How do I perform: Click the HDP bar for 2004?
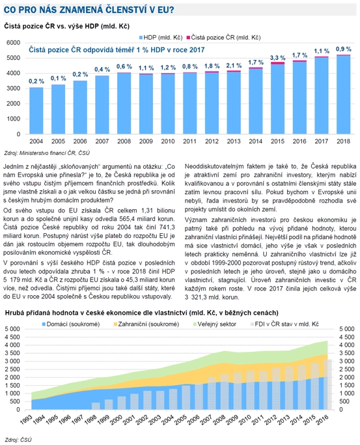pyautogui.click(x=36, y=111)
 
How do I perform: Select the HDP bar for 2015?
pyautogui.click(x=277, y=99)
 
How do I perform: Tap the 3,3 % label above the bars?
pyautogui.click(x=277, y=58)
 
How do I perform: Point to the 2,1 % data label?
pyautogui.click(x=234, y=66)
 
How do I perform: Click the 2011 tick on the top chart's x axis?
pyautogui.click(x=190, y=141)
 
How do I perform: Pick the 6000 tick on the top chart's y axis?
pyautogui.click(x=14, y=42)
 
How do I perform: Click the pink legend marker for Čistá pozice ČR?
pyautogui.click(x=188, y=38)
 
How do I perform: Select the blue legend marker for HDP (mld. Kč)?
pyautogui.click(x=141, y=38)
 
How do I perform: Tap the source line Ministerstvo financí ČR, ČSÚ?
pyautogui.click(x=55, y=153)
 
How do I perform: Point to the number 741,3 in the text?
pyautogui.click(x=167, y=227)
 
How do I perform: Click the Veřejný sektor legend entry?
pyautogui.click(x=215, y=324)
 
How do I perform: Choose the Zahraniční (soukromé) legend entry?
pyautogui.click(x=146, y=324)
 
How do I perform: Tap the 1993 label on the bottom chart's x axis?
pyautogui.click(x=26, y=420)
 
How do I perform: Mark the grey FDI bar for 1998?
pyautogui.click(x=96, y=406)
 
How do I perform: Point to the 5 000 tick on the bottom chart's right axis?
pyautogui.click(x=347, y=329)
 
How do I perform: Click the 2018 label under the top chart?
pyautogui.click(x=343, y=141)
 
